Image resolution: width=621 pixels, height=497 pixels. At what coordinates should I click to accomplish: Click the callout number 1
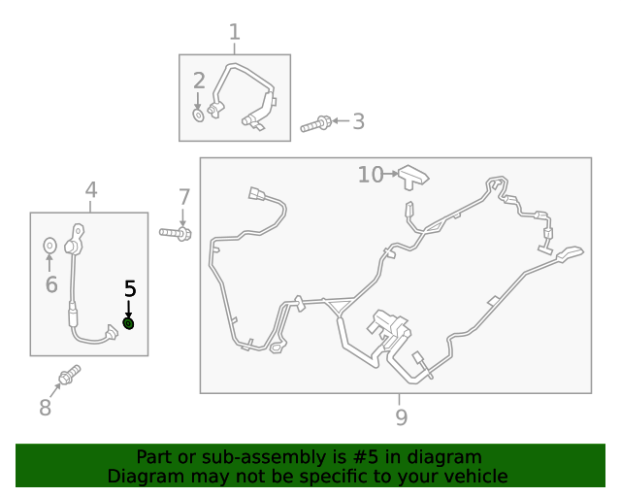(235, 32)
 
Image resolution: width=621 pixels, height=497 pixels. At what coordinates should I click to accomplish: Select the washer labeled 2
(198, 116)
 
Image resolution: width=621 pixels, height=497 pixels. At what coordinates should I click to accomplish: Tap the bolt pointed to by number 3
(315, 124)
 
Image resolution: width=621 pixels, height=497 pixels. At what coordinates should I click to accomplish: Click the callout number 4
(91, 190)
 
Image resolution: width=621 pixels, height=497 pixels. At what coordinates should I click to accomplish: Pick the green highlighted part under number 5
(129, 324)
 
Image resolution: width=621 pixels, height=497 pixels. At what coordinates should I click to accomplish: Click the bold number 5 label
(130, 288)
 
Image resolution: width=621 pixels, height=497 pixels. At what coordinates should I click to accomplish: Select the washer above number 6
(49, 246)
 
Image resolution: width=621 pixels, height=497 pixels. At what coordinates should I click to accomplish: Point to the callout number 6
(51, 284)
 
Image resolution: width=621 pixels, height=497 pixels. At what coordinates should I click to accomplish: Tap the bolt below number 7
(176, 233)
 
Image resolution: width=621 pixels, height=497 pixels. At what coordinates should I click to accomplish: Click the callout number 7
(184, 197)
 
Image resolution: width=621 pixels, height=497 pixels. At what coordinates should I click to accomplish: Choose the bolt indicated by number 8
(70, 375)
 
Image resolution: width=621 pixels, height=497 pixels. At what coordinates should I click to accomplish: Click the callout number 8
(46, 408)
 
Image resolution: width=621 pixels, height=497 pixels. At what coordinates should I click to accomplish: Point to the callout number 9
(401, 417)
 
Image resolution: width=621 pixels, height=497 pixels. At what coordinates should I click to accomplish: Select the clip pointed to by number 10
(413, 178)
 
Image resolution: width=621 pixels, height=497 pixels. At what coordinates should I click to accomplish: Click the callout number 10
(371, 175)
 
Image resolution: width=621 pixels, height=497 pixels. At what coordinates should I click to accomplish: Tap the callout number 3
(358, 121)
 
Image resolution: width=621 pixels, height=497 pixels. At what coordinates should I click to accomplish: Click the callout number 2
(199, 81)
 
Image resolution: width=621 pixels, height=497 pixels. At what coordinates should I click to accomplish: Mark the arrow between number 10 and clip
(391, 174)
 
